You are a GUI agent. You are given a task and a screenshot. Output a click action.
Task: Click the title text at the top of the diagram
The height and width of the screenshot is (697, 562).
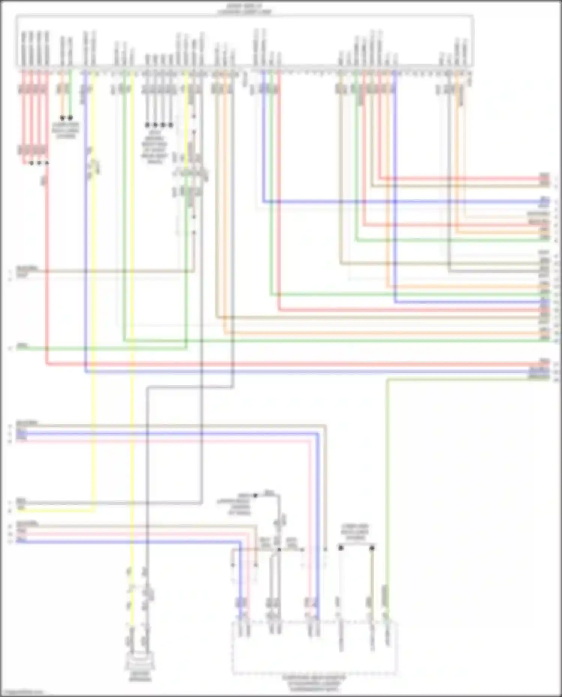click(244, 9)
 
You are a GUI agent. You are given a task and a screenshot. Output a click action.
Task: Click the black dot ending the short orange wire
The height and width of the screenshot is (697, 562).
click(62, 118)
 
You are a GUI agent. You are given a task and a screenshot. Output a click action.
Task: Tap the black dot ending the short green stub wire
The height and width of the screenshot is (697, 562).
click(70, 118)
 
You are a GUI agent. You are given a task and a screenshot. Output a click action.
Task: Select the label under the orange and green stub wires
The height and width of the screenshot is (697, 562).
click(66, 130)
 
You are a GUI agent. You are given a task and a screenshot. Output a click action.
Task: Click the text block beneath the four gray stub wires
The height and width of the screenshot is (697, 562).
click(155, 146)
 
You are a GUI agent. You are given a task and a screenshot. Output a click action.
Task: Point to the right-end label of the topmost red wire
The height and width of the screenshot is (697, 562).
click(544, 176)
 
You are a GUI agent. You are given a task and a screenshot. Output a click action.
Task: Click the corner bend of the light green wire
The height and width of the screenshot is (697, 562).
click(387, 379)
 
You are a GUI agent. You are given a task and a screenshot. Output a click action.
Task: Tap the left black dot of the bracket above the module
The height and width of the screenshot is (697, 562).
click(341, 548)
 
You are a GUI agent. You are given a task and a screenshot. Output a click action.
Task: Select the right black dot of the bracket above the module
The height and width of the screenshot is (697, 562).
click(372, 548)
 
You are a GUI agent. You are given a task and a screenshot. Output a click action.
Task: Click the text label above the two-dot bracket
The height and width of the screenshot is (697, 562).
click(355, 531)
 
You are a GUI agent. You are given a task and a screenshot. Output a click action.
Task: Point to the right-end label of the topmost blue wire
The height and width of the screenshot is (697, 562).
click(544, 199)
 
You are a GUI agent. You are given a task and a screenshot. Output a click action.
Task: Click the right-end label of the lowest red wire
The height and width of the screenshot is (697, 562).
click(544, 362)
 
